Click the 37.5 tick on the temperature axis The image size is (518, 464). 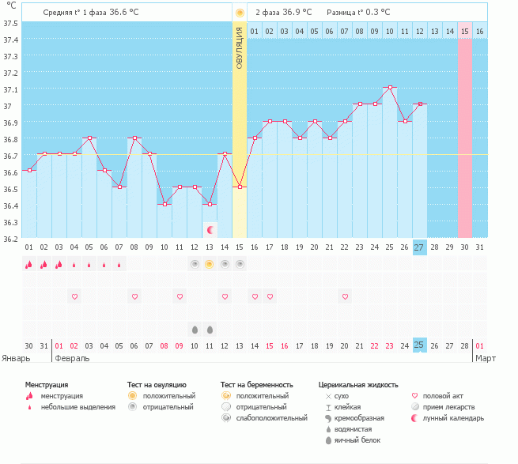[x=10, y=23]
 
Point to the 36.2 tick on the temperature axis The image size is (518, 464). [x=10, y=239]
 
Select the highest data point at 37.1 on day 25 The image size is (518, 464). [x=389, y=88]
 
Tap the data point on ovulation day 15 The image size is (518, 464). [x=240, y=187]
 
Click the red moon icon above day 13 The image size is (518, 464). [x=210, y=230]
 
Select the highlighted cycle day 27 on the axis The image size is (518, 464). [x=419, y=247]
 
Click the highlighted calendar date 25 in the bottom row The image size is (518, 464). [x=419, y=345]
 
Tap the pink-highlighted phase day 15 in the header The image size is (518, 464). [x=464, y=31]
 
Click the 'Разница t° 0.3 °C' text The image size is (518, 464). [x=354, y=13]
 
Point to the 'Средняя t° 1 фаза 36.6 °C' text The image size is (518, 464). [x=95, y=13]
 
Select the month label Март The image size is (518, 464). [x=485, y=358]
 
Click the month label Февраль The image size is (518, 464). [x=71, y=358]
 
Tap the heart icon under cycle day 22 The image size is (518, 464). [x=345, y=296]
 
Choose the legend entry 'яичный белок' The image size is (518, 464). [x=357, y=439]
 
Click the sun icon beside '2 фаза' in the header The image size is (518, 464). [x=240, y=13]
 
